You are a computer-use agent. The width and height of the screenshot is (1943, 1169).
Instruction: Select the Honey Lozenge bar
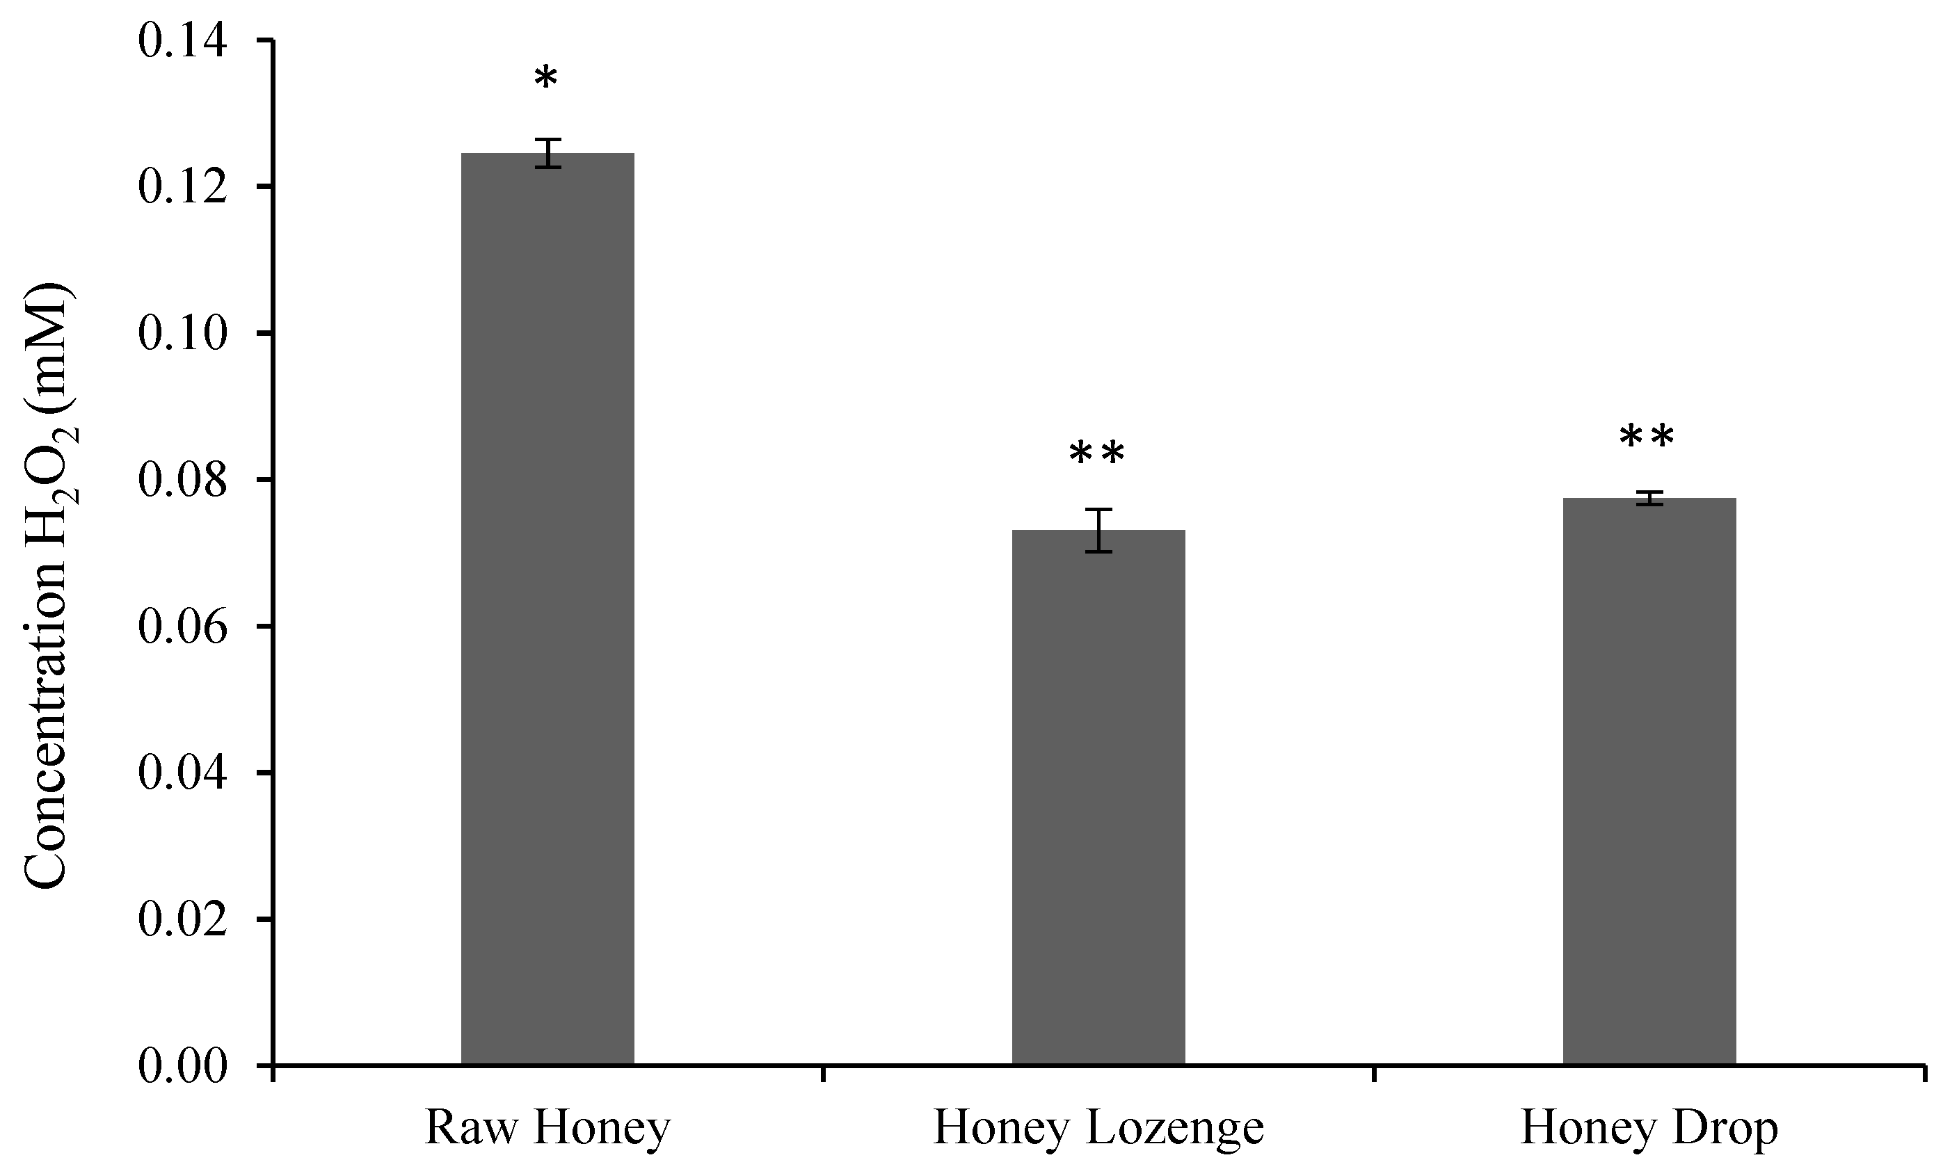1098,796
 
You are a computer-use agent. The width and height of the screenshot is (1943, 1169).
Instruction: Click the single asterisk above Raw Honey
545,79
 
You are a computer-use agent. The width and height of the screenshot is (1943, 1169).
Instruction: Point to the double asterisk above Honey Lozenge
1096,455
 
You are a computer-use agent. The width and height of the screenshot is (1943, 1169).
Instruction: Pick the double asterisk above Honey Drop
1647,438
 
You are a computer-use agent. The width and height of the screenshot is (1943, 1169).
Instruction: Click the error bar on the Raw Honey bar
547,153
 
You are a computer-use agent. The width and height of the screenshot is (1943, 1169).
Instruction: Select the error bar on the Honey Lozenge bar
1098,530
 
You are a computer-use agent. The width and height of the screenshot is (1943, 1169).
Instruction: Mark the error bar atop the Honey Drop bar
1649,498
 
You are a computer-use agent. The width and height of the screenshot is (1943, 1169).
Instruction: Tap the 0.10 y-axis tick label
183,333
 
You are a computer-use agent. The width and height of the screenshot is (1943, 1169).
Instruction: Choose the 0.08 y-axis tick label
183,480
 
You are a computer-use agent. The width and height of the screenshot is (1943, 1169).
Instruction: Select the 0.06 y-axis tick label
183,627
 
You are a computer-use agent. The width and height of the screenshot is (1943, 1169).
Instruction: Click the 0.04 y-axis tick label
183,773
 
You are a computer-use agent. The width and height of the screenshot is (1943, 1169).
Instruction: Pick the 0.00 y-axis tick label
183,1066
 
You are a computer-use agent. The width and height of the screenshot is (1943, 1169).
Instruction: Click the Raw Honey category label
547,1128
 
